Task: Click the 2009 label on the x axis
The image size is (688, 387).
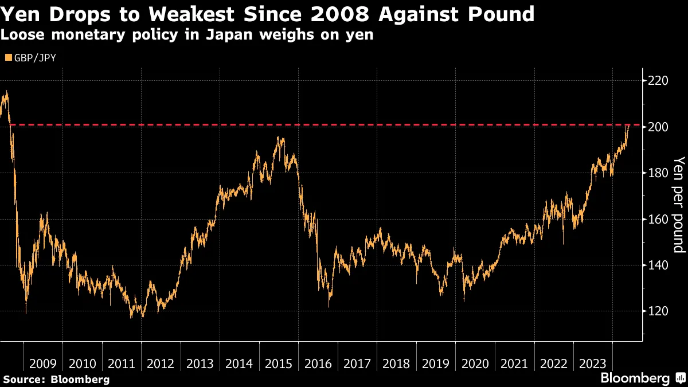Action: (42, 363)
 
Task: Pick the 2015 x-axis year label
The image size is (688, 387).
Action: (279, 363)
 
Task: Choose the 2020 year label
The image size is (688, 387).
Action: (475, 363)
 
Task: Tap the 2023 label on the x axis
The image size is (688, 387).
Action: (593, 363)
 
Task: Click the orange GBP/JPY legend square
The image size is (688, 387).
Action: (7, 57)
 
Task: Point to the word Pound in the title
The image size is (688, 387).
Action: (499, 14)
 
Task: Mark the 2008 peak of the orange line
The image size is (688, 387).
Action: (6, 92)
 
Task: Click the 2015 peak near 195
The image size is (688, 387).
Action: (278, 138)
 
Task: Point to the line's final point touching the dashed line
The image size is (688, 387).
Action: (629, 125)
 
